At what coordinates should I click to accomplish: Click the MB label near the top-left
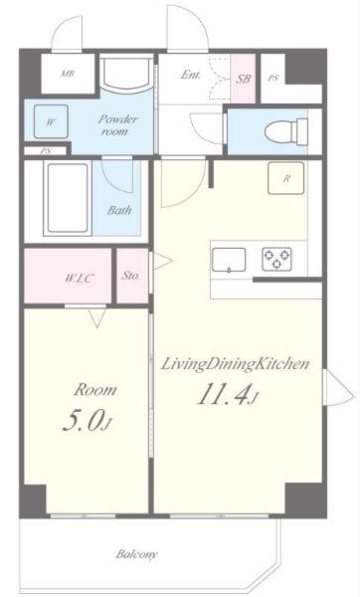(x=68, y=73)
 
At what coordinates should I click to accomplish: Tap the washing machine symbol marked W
(x=51, y=121)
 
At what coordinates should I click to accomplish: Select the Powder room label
(x=117, y=125)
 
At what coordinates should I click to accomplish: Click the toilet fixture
(x=285, y=131)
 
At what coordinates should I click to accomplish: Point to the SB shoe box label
(x=244, y=79)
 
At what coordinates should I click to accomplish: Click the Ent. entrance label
(x=190, y=75)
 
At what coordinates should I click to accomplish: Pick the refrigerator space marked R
(x=286, y=178)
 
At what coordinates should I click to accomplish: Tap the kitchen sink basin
(x=229, y=260)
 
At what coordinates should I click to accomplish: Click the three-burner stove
(x=277, y=259)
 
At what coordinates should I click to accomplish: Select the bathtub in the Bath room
(x=68, y=198)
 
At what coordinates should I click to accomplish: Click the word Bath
(x=119, y=210)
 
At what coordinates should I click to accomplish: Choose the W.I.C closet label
(x=79, y=278)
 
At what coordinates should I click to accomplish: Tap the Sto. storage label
(x=131, y=276)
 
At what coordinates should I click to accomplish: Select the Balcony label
(x=136, y=554)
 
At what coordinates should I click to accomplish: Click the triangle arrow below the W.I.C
(x=96, y=318)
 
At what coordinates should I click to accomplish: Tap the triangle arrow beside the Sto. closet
(x=163, y=261)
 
